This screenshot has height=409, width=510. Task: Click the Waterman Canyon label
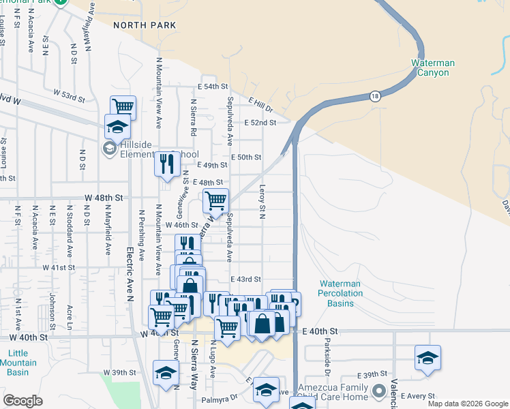[x=432, y=67]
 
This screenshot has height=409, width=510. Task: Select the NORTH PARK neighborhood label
[x=140, y=25]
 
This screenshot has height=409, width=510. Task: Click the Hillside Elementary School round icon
[x=109, y=149]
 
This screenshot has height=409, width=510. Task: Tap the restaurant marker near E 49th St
[x=166, y=164]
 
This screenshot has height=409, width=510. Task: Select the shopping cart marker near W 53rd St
[x=123, y=107]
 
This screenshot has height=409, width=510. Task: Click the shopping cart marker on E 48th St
[x=215, y=200]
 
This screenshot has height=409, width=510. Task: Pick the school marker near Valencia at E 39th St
[x=427, y=357]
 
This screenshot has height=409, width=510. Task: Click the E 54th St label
[x=212, y=87]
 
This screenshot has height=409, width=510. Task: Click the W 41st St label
[x=59, y=268]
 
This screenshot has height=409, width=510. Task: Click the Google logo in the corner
[x=23, y=401]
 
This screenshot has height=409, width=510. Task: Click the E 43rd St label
[x=246, y=279]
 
